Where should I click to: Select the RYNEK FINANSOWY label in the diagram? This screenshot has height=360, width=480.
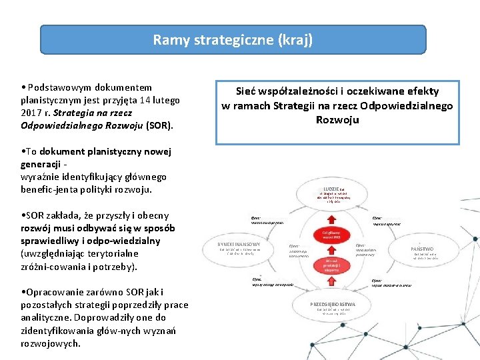(238, 245)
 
